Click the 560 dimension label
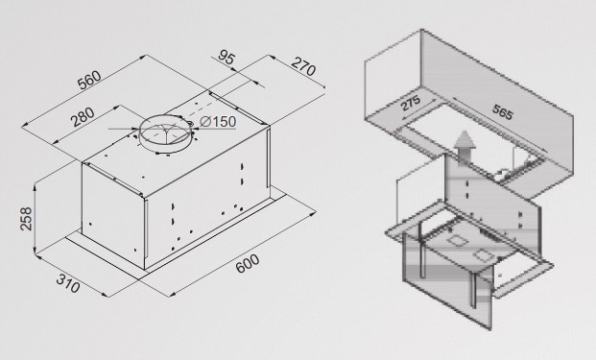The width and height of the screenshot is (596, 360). [89, 80]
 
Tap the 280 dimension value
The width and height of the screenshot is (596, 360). [83, 117]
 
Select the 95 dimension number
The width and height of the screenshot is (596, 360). [227, 58]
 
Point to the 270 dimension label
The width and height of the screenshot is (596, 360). [303, 67]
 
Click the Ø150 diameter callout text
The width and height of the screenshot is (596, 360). [218, 122]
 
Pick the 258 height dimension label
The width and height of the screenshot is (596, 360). [26, 219]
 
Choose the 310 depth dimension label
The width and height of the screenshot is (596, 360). [68, 283]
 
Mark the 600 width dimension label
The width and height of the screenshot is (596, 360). [248, 263]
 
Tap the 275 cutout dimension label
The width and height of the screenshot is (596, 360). [411, 103]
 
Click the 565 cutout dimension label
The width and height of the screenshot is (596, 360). [503, 112]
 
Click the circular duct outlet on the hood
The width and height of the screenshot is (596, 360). [166, 132]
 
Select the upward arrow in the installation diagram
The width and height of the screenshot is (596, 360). [465, 147]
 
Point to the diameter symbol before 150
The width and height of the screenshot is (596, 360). [205, 122]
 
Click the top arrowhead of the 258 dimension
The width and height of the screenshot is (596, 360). [35, 186]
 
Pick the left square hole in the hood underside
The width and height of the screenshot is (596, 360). [455, 241]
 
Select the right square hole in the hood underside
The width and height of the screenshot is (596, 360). [483, 255]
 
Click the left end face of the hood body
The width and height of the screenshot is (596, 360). [114, 213]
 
